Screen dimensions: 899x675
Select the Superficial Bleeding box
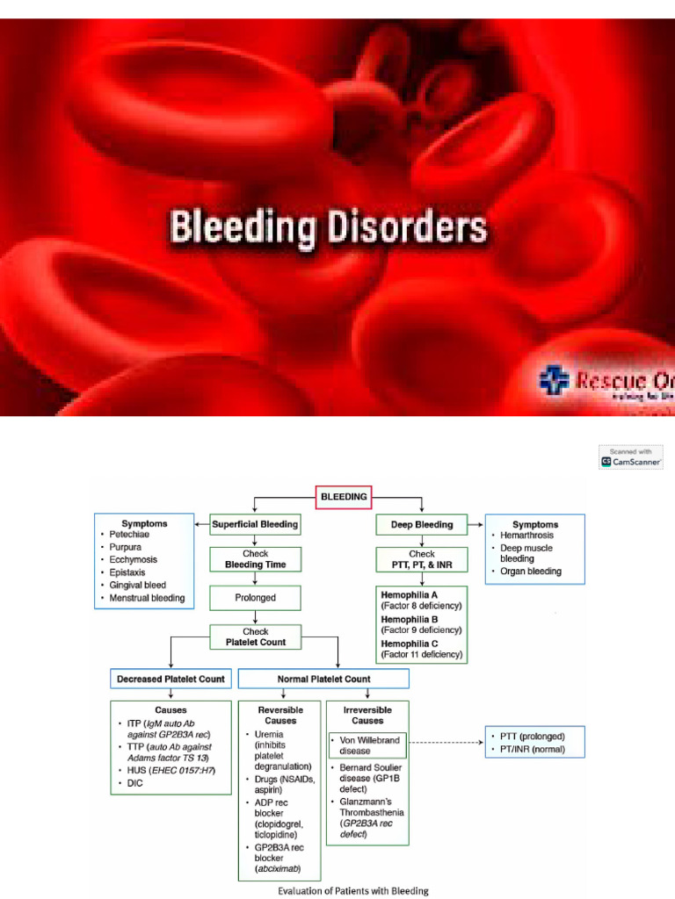click(x=254, y=525)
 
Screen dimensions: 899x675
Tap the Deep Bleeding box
click(x=422, y=525)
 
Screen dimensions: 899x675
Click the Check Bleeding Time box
click(x=254, y=558)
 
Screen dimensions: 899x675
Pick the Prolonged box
click(x=254, y=597)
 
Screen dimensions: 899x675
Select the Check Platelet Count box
click(x=254, y=636)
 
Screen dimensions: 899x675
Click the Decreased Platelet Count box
click(x=171, y=679)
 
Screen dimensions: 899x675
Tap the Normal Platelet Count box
click(x=323, y=679)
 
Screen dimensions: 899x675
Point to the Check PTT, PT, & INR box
click(x=422, y=559)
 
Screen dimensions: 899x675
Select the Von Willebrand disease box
click(x=369, y=745)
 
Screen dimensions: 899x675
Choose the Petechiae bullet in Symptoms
click(x=127, y=534)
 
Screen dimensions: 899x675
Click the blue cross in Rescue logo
click(x=554, y=380)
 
